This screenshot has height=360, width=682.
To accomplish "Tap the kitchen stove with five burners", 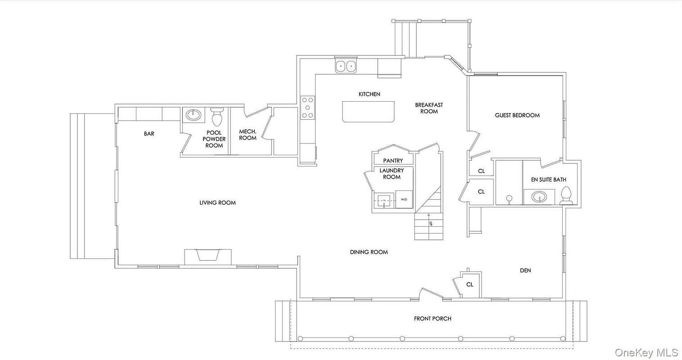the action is [307, 108].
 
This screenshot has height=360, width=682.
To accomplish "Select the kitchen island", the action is [368, 112].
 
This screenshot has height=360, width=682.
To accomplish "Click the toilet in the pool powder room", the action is [217, 117].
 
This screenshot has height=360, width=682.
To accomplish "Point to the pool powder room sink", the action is [194, 115].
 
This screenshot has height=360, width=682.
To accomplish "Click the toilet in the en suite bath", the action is [566, 195].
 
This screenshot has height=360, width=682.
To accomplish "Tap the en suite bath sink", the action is [539, 197].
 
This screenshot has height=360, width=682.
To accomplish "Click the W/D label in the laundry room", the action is [404, 200].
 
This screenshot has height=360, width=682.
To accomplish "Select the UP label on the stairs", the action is [430, 223].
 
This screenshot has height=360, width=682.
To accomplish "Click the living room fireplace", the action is [208, 257].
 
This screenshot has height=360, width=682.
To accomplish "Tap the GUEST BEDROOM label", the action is [517, 115].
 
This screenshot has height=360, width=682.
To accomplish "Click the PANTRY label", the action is [393, 160].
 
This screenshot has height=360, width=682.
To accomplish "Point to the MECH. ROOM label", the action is [248, 135].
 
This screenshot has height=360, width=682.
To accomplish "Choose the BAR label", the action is [149, 134].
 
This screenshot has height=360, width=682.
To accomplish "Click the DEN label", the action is [525, 270].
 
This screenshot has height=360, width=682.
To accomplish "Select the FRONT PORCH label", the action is [433, 319].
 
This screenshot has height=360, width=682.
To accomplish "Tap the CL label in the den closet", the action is [470, 284].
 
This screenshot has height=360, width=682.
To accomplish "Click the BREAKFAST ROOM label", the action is [429, 108].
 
